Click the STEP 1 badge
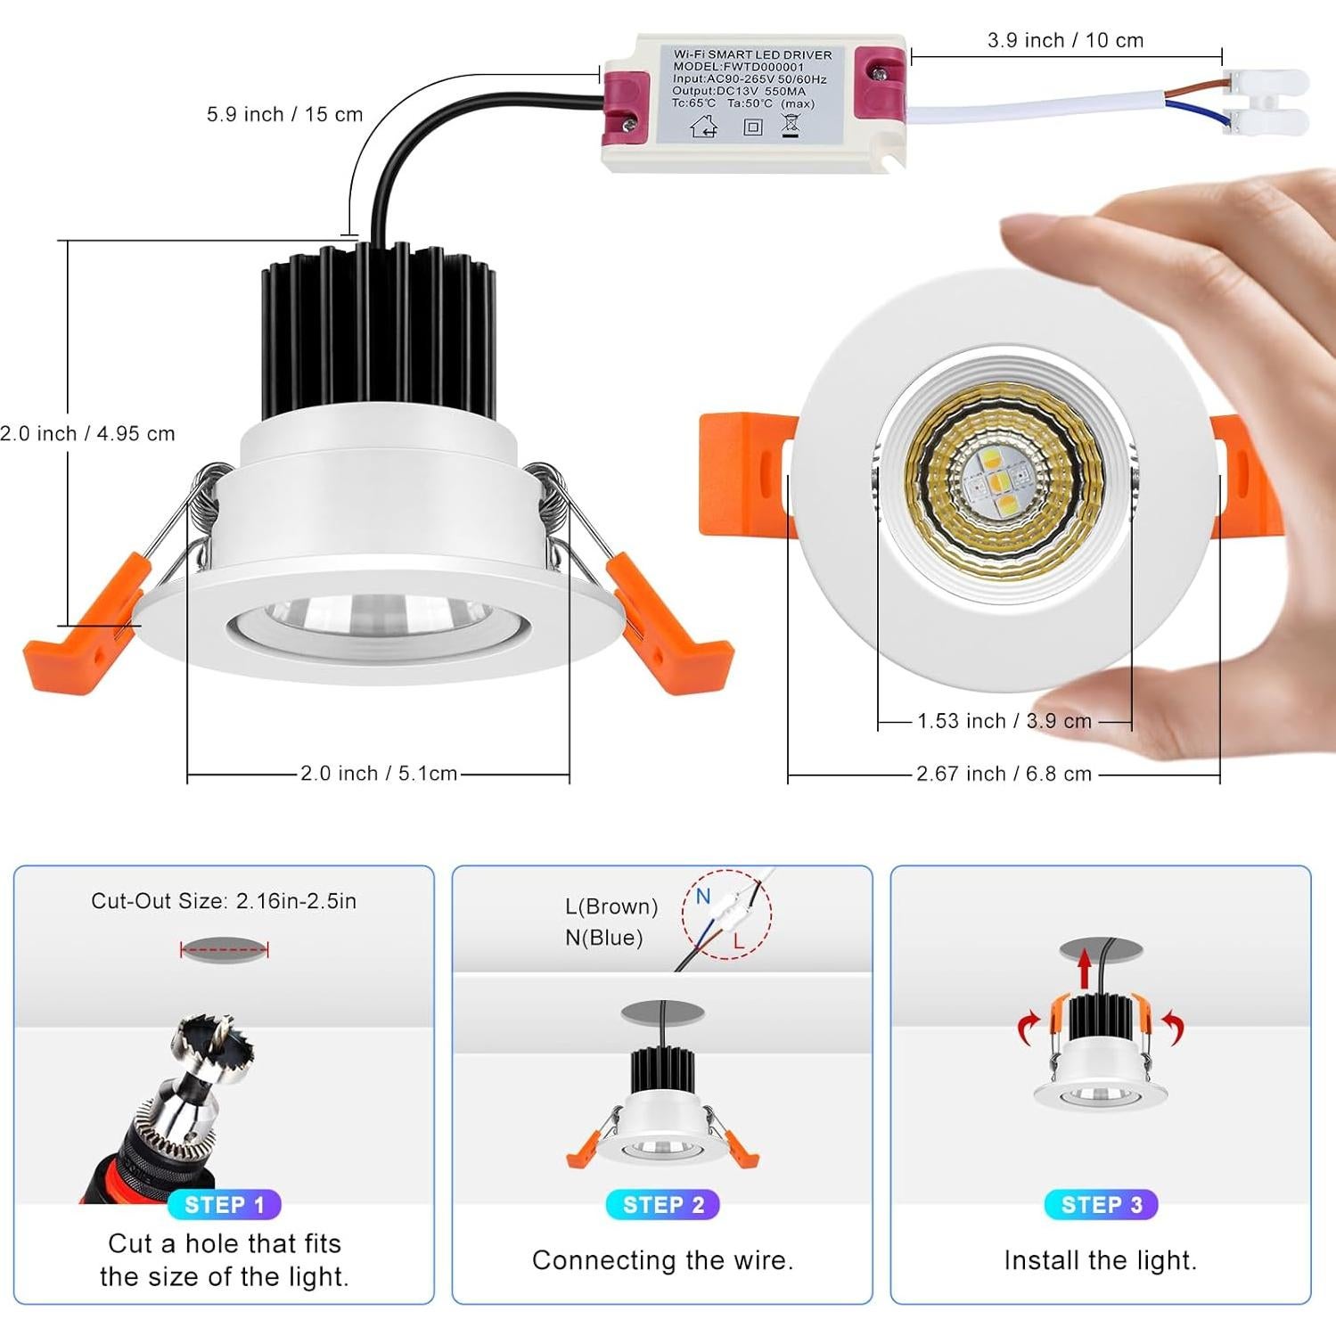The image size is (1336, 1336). [224, 1205]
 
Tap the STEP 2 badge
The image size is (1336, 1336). [662, 1205]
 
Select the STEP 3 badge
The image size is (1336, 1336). [1101, 1205]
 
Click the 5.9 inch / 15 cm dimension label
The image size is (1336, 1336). [284, 115]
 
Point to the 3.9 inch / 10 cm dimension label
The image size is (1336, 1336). [1065, 41]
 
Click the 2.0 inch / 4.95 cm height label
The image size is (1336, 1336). [87, 434]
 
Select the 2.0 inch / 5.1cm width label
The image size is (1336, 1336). [378, 774]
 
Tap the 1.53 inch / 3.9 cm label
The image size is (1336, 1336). [1004, 721]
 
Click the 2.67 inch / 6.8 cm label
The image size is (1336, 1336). [1004, 775]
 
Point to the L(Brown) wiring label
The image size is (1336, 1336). [611, 906]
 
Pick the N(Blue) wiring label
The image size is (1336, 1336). [604, 938]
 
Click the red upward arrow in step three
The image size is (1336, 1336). [1084, 969]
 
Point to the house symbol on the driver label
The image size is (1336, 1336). [704, 127]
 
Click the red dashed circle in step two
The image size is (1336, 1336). [726, 914]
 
